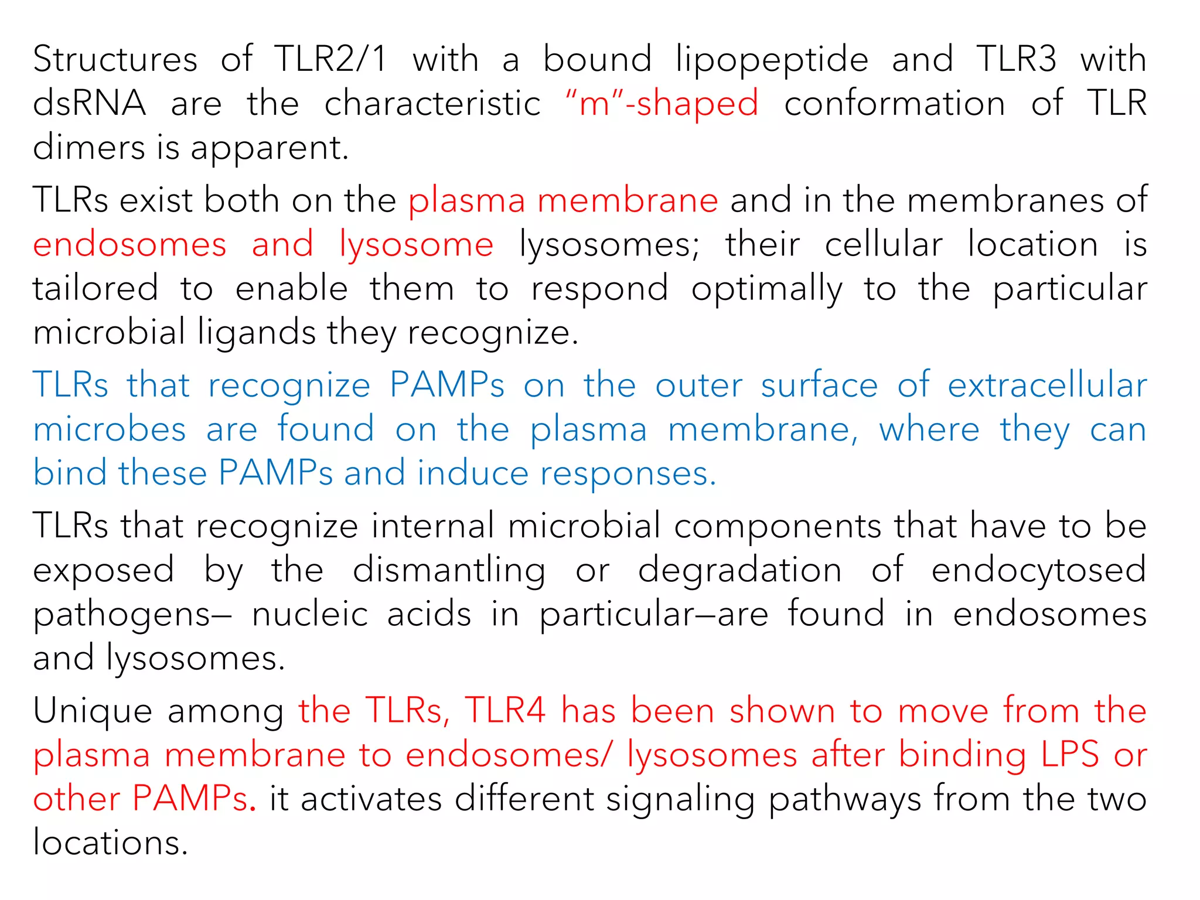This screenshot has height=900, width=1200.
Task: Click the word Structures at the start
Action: point(115,60)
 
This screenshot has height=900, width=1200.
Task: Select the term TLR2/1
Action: point(330,60)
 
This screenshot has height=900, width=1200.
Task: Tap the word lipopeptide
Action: point(772,60)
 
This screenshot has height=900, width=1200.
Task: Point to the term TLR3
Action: point(1017,60)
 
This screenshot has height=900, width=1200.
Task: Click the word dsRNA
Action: point(89,104)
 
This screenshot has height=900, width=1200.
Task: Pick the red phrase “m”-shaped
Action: point(662,104)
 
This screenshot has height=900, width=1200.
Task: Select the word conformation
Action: point(895,104)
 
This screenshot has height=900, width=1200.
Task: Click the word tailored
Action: point(96,288)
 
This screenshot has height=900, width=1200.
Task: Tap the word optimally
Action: point(767,288)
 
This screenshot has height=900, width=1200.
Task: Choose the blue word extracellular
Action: point(1047,386)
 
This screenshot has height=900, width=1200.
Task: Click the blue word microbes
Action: point(110,429)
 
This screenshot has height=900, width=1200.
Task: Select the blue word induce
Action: point(472,473)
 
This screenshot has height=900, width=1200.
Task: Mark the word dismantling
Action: point(449,570)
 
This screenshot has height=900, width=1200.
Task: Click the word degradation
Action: point(740,570)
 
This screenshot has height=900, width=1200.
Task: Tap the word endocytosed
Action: point(1039,570)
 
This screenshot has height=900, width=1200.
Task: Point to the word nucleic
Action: point(310,614)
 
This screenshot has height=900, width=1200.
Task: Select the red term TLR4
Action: point(505,711)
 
